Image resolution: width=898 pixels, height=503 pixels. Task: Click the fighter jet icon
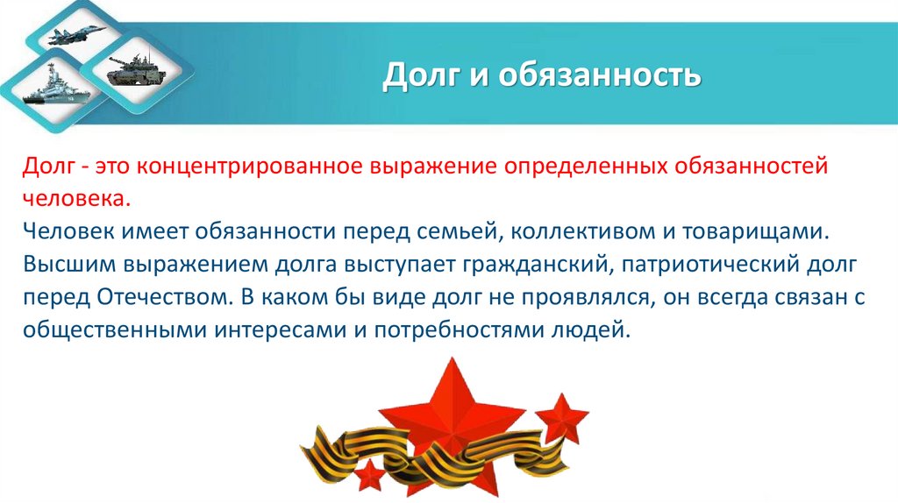pyautogui.click(x=75, y=35)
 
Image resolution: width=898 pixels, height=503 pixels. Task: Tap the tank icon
pyautogui.click(x=132, y=70)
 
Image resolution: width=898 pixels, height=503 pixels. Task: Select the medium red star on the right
pyautogui.click(x=561, y=419)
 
